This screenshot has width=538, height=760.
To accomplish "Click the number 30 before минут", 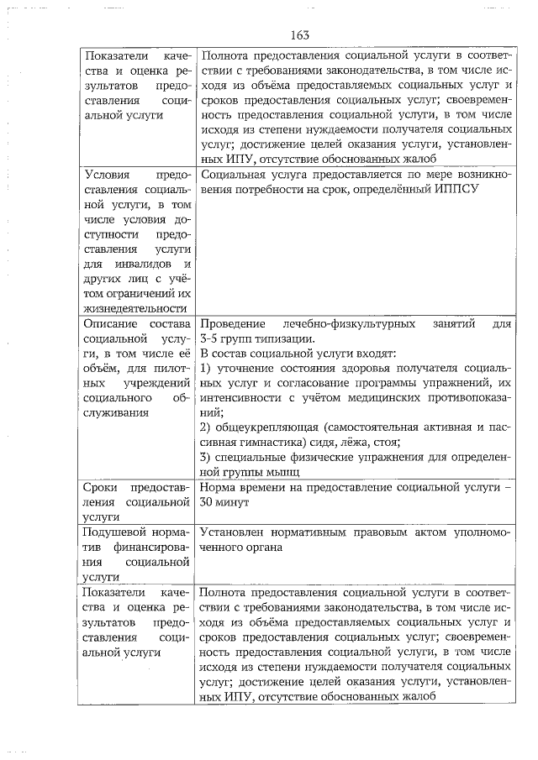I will [x=208, y=503].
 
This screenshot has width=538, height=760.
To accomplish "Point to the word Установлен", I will [x=235, y=532].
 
